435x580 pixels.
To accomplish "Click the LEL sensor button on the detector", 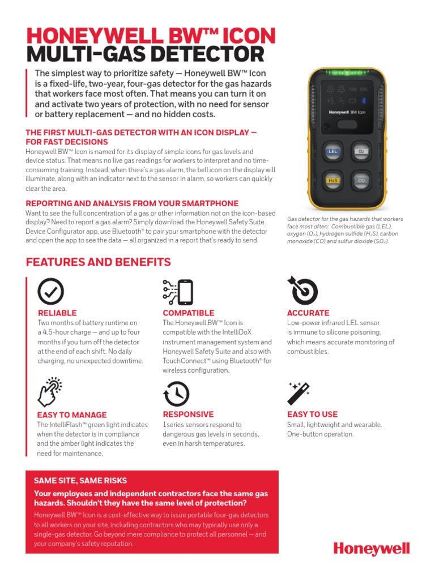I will coord(332,151).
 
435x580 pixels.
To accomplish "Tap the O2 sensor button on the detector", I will coord(360,151).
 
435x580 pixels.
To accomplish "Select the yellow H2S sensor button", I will coord(332,181).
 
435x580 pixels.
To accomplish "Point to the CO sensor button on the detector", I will coord(360,181).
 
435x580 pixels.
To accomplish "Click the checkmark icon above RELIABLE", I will coord(50,292).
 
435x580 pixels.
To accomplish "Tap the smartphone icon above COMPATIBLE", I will coord(177,292).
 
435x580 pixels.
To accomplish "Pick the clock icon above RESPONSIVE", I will coord(176,394).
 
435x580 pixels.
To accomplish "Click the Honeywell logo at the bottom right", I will coord(371,549).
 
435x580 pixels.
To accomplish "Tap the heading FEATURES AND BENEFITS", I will coord(98,262).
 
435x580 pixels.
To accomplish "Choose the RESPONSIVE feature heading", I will coord(188,414).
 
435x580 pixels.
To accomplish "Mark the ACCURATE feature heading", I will coord(308,313).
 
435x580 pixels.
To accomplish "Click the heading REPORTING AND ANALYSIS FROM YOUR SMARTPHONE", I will coord(132,203).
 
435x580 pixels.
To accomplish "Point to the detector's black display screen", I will coord(346,106).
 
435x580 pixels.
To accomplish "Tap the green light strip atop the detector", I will coord(346,72).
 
